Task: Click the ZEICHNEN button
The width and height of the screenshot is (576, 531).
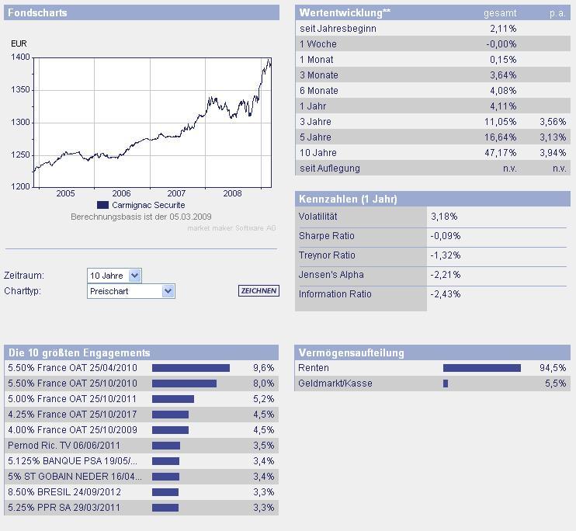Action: click(x=259, y=291)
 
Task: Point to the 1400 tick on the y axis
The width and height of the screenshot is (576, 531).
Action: click(x=21, y=57)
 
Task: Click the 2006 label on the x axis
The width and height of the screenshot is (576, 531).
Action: click(x=121, y=193)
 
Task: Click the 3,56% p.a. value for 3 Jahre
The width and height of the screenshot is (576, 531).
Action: click(x=553, y=122)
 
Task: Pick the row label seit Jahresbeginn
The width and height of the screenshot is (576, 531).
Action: click(x=338, y=29)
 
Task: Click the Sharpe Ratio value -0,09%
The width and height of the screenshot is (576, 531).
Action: click(x=445, y=236)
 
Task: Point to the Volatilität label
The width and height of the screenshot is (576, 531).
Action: click(x=317, y=217)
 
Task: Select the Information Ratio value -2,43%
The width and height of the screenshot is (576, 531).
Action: click(x=445, y=294)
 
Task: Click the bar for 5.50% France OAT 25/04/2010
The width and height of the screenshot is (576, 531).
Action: click(x=191, y=368)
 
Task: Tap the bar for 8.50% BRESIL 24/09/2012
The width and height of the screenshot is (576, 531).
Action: click(x=165, y=492)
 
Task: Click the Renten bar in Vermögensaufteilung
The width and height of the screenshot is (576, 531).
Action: click(x=481, y=368)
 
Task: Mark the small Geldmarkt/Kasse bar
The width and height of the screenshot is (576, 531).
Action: click(x=446, y=383)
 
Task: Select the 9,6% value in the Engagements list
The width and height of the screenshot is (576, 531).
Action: click(x=263, y=368)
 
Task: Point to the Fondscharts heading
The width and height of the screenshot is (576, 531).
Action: click(x=37, y=13)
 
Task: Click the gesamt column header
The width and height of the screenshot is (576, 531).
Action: click(x=499, y=13)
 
